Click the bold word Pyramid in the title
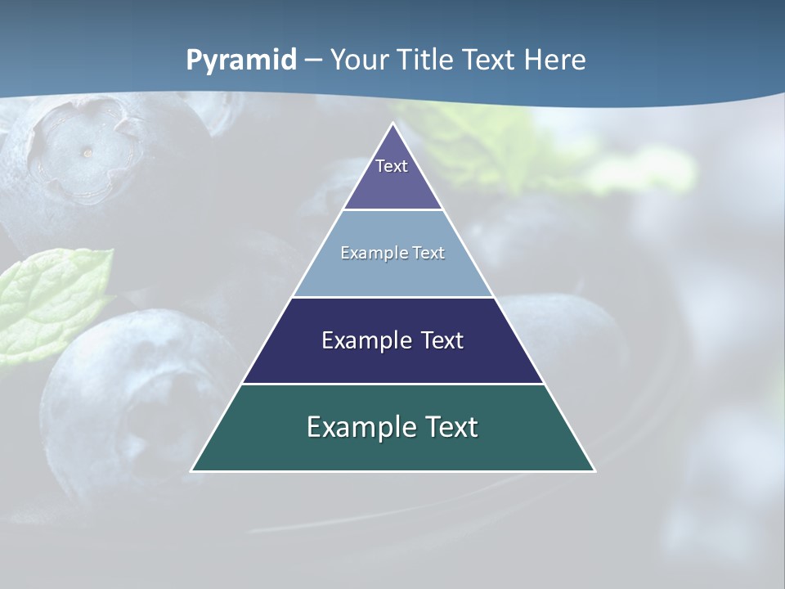[241, 61]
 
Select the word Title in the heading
[427, 61]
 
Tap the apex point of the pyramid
[393, 124]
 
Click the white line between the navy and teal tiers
[392, 384]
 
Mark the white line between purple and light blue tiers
[392, 209]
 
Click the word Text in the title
[489, 61]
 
